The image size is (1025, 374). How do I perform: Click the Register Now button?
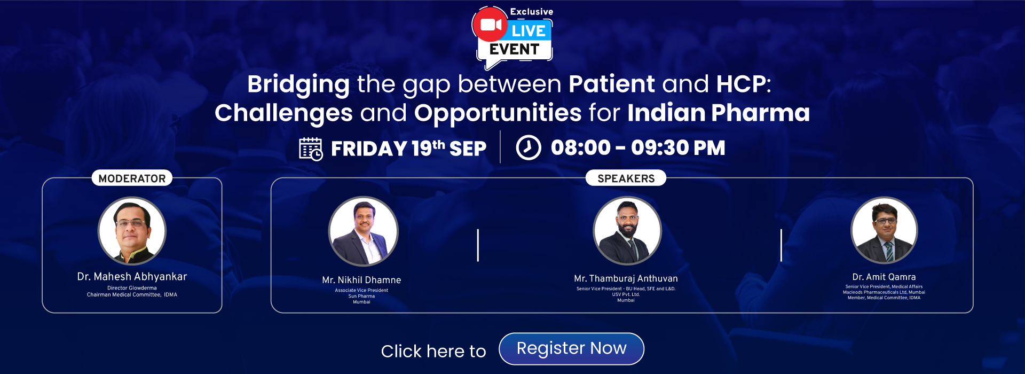point(571,349)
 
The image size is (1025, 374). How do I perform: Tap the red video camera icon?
point(491,25)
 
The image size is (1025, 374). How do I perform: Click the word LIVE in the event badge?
point(529,31)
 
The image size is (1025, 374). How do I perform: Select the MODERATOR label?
point(132,178)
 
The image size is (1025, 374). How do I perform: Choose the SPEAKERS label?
point(626,178)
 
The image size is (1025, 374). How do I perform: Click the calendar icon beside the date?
point(311,149)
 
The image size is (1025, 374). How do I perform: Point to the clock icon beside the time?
point(529,147)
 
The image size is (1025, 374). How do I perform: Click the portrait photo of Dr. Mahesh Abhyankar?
point(132,231)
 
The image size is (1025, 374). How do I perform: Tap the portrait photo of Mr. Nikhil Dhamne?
point(363,231)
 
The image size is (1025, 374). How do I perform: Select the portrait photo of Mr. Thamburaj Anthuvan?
point(627,230)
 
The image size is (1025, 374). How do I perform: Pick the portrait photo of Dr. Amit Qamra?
point(884,230)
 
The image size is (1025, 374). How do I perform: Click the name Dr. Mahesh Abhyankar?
point(132,277)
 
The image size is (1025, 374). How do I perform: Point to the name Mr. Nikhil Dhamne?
point(361,280)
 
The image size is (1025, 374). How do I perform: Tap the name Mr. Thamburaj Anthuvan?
point(626,278)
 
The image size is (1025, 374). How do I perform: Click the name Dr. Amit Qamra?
point(884,277)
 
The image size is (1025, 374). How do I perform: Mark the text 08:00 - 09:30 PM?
point(638,148)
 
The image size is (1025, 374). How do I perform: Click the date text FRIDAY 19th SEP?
point(408,149)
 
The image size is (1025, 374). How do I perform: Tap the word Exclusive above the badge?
point(531,12)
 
